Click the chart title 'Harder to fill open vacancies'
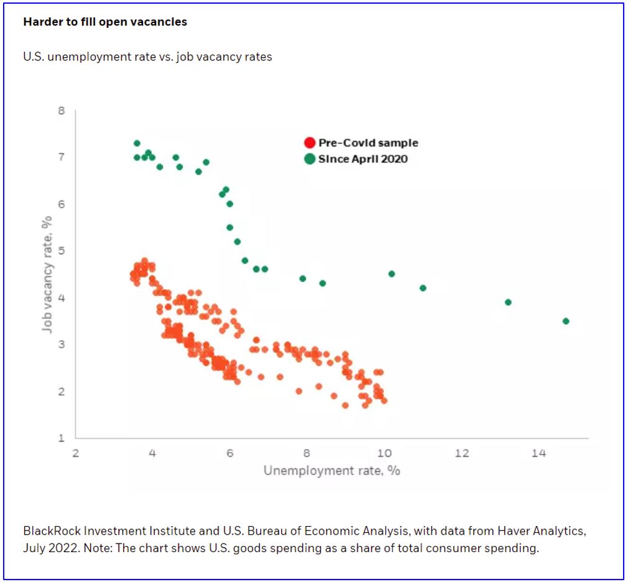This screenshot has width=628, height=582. click(104, 22)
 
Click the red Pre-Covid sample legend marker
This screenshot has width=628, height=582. click(310, 143)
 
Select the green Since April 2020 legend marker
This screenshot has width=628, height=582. click(310, 159)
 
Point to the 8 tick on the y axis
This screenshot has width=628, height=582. click(62, 111)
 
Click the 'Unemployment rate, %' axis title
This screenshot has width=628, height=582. click(331, 470)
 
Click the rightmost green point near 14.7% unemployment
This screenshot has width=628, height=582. click(566, 321)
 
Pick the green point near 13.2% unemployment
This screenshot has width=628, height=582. click(508, 302)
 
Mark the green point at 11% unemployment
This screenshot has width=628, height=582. click(423, 288)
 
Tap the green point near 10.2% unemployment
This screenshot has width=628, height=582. click(392, 274)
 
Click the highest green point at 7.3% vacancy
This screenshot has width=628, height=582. click(137, 143)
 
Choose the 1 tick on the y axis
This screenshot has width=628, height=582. click(62, 438)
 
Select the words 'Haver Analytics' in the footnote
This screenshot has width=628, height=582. click(547, 532)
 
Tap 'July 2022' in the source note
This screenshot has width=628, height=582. click(47, 549)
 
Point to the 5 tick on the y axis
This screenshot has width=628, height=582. click(62, 251)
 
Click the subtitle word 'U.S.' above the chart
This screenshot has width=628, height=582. click(33, 57)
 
